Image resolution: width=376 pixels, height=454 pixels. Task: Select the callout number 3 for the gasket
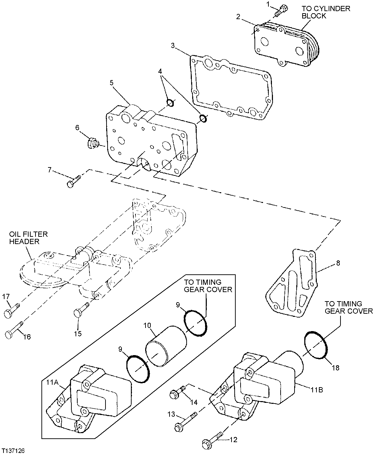173,46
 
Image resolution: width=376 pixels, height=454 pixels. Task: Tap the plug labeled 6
93,142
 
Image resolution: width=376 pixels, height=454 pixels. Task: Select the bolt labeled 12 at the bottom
211,441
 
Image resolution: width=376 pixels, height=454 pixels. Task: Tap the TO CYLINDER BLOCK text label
326,12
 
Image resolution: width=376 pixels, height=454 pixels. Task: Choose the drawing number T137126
13,450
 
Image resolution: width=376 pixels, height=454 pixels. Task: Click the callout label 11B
317,390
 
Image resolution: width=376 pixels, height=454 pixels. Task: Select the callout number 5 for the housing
111,83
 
